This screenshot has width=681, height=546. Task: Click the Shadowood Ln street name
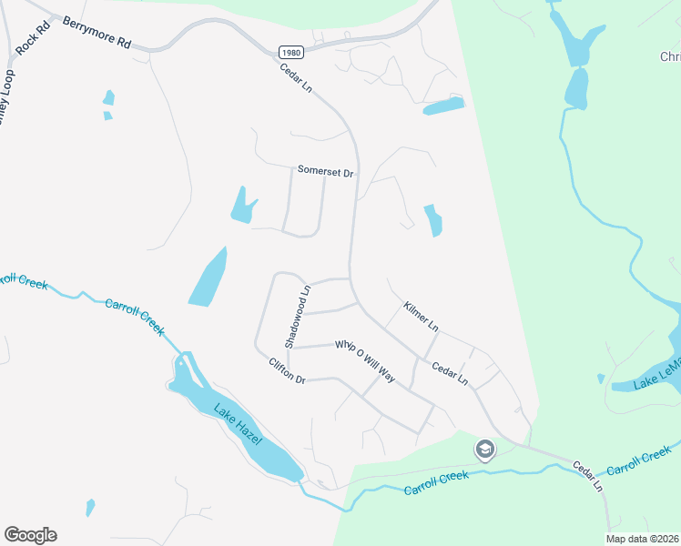pyautogui.click(x=297, y=316)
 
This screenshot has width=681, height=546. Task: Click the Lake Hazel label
pyautogui.click(x=239, y=424)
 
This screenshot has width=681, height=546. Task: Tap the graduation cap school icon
pyautogui.click(x=485, y=450)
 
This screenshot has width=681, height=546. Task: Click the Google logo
pyautogui.click(x=30, y=535)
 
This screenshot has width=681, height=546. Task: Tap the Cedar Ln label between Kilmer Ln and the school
pyautogui.click(x=450, y=373)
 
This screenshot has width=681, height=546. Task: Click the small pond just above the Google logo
pyautogui.click(x=90, y=508)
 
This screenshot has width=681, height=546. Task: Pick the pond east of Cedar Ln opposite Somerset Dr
pyautogui.click(x=433, y=219)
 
